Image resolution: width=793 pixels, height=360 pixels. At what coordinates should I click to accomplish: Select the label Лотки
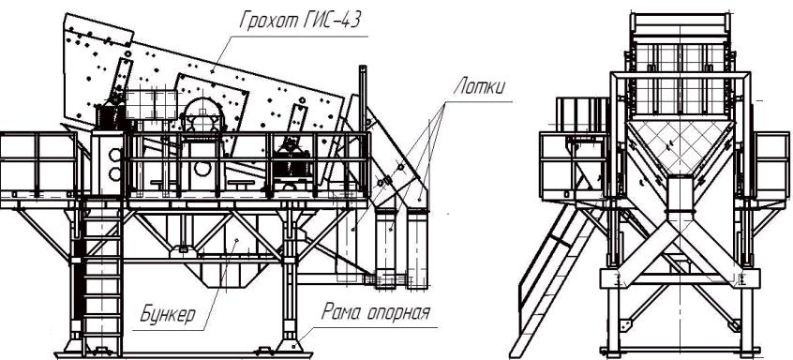click(x=478, y=86)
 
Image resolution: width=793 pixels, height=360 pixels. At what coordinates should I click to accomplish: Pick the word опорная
click(x=401, y=313)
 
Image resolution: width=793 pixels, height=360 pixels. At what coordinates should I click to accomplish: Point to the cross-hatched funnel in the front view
click(x=681, y=146)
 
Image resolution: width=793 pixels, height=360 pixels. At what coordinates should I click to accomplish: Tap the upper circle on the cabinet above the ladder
click(x=115, y=155)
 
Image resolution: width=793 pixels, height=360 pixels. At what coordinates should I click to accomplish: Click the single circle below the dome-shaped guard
click(x=202, y=169)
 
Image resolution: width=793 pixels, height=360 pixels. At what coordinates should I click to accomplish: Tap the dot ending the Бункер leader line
click(x=235, y=240)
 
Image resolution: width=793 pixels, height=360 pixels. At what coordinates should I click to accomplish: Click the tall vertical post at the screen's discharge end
click(x=362, y=98)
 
